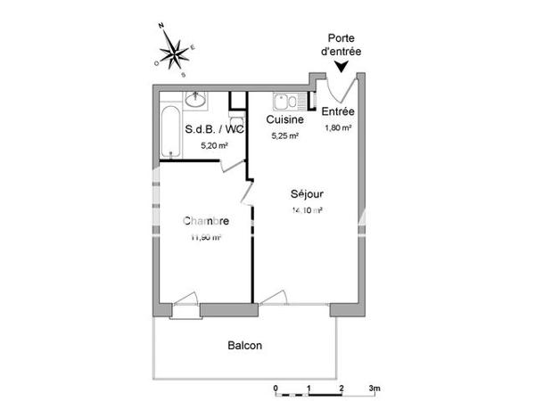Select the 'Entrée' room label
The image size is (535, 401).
point(338,111)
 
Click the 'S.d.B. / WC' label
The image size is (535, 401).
point(214,129)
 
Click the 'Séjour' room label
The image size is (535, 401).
point(307,193)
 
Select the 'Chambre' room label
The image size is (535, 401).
point(207,221)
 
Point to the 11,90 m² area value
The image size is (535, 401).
point(205,238)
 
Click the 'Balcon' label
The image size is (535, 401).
point(245,346)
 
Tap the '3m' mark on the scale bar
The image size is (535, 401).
point(374,389)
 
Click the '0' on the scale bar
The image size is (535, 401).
point(276,389)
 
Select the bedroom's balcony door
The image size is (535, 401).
point(185,303)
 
